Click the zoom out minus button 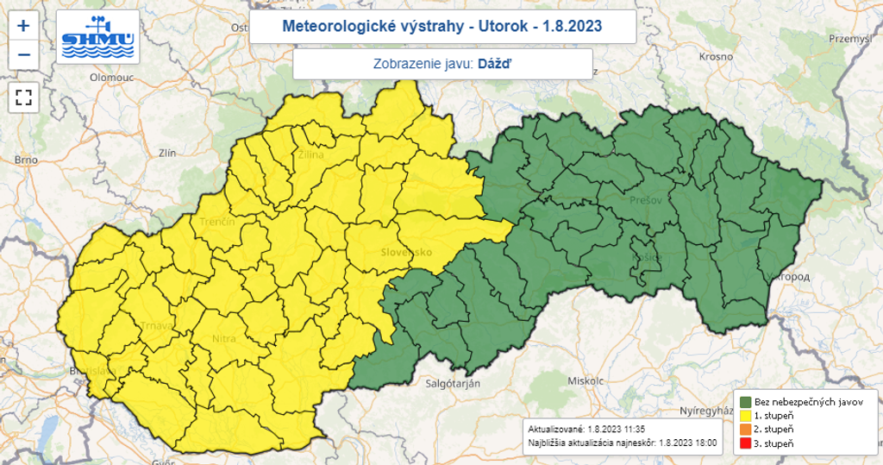point(23,55)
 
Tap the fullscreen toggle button point(23,97)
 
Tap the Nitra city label point(224,339)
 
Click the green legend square point(746,401)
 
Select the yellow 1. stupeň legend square point(746,415)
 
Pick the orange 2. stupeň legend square point(746,429)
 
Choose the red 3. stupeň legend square point(746,443)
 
